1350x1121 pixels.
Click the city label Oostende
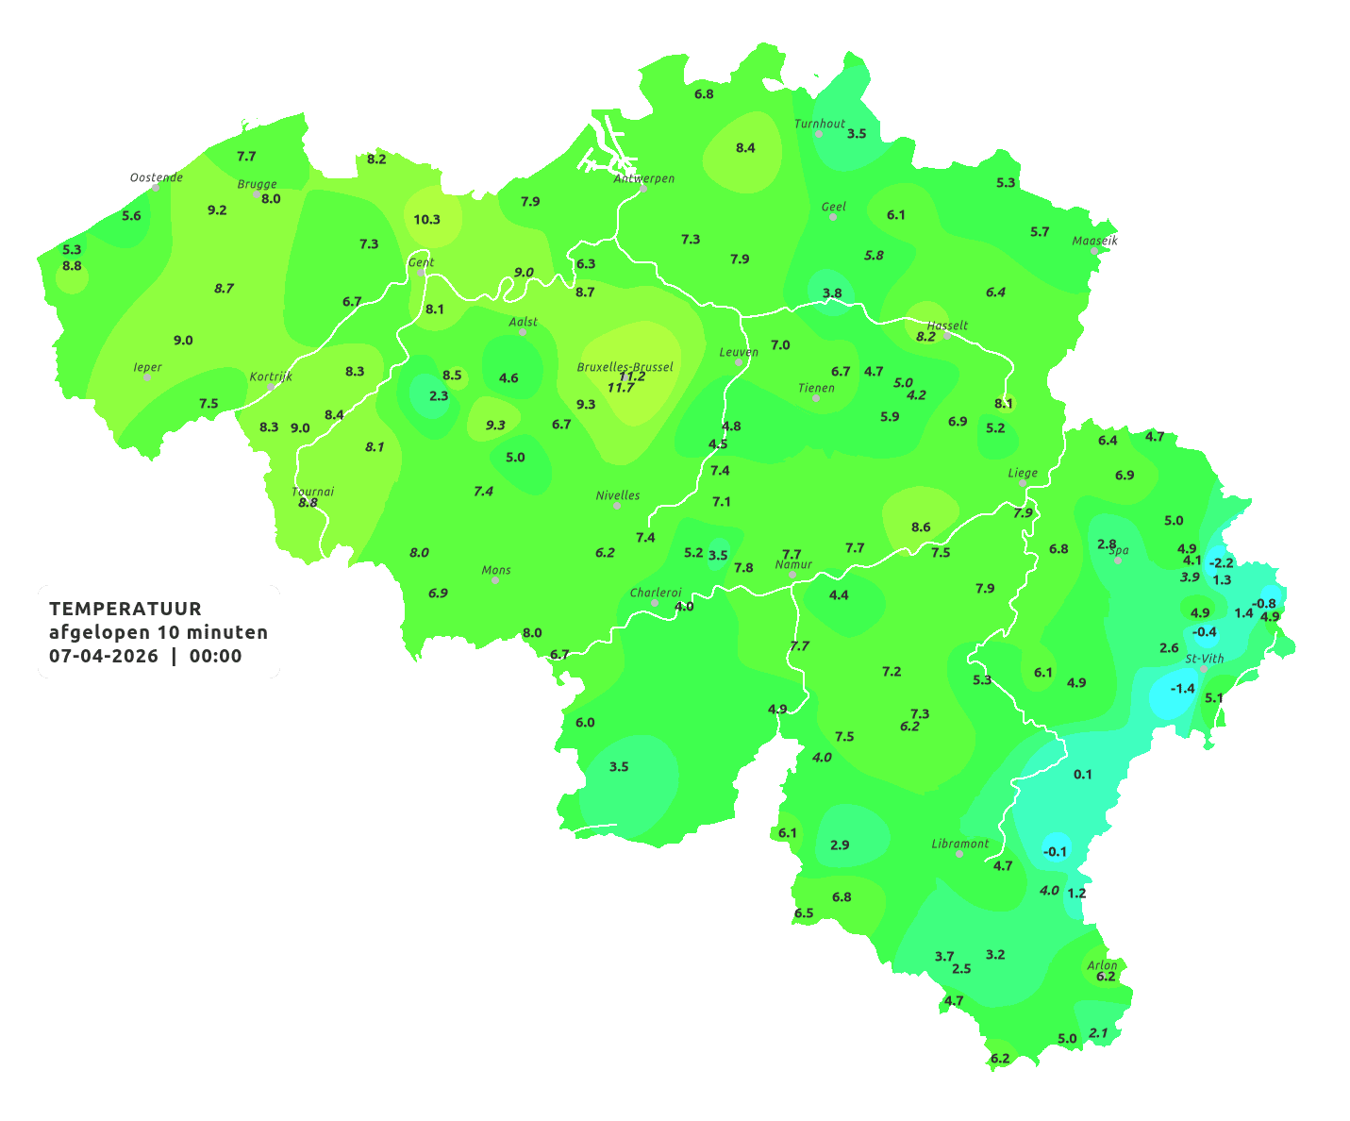point(156,177)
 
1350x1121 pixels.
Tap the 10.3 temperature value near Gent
point(426,220)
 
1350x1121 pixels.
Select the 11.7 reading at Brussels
point(621,388)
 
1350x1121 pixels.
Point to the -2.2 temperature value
point(1221,563)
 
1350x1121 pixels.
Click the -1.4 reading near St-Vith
point(1182,689)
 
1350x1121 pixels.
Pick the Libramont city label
point(960,844)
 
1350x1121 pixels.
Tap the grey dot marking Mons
point(495,580)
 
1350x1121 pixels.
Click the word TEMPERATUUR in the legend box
point(125,609)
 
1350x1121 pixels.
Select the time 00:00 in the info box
point(216,657)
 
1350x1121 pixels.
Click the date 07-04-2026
point(104,657)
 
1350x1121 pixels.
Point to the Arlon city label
point(1102,965)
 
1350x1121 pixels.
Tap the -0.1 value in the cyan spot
point(1055,852)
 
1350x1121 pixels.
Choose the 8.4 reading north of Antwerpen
point(745,148)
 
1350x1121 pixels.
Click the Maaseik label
point(1094,241)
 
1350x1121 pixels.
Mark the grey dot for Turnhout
point(819,134)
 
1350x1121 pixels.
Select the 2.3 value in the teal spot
point(439,396)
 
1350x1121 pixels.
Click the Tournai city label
point(313,492)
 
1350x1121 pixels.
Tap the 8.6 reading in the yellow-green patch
point(921,527)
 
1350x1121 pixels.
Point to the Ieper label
point(148,367)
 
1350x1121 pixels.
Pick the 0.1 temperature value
point(1083,775)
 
